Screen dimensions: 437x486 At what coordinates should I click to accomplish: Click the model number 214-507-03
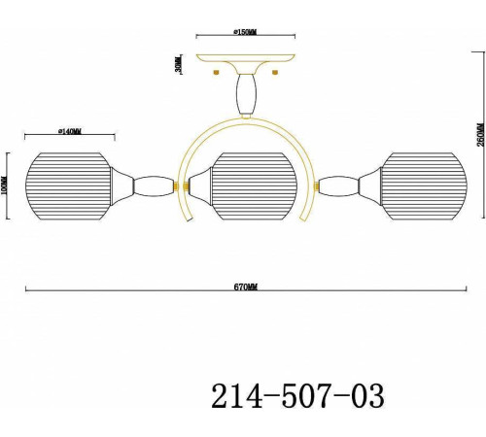297,395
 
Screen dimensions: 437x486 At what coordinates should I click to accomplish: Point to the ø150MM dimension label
245,32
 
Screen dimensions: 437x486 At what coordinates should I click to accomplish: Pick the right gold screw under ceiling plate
275,70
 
